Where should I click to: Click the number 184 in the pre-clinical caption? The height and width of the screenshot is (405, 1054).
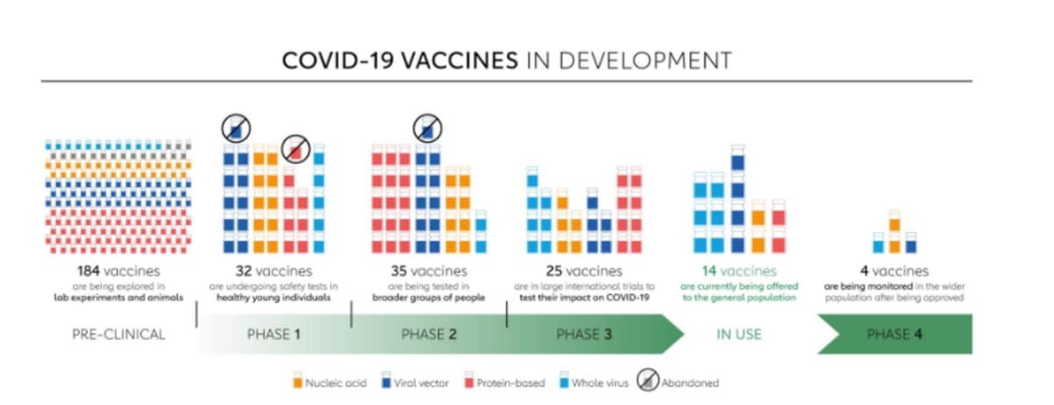tap(89, 271)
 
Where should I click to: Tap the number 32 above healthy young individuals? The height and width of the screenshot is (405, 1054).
tap(244, 271)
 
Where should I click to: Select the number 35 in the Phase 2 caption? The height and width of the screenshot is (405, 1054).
tap(399, 271)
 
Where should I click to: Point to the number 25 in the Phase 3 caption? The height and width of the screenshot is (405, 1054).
tap(554, 271)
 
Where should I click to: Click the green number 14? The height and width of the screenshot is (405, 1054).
tap(709, 271)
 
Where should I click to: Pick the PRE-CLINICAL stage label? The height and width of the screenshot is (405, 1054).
tap(119, 335)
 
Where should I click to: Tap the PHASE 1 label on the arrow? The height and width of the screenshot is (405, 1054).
tap(274, 335)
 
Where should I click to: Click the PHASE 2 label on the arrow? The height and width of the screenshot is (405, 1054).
tap(430, 335)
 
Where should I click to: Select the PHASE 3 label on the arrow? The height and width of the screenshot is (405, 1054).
tap(584, 335)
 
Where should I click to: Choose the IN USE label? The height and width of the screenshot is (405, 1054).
tap(739, 335)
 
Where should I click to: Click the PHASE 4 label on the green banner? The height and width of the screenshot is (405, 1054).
tap(894, 335)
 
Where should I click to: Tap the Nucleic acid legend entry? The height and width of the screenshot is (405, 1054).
tap(329, 381)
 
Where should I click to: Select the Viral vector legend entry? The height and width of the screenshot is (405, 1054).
tap(415, 381)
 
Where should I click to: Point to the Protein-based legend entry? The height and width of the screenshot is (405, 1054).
tap(504, 381)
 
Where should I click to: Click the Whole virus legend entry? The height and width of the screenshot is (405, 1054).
tap(594, 381)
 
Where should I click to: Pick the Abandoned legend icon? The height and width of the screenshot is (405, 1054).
tap(648, 380)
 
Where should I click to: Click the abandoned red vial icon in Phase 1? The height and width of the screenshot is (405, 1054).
tap(295, 149)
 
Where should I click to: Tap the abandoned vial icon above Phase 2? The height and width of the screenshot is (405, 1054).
tap(427, 128)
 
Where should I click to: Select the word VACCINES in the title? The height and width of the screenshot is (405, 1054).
tap(459, 61)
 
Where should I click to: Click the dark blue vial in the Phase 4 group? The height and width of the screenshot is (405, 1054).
tap(911, 243)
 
